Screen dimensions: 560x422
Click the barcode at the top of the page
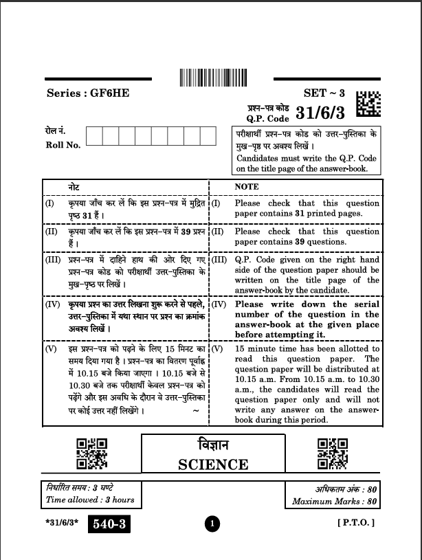pyautogui.click(x=211, y=77)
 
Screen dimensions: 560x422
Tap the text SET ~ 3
pyautogui.click(x=324, y=92)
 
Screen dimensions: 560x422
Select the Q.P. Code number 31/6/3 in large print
pyautogui.click(x=322, y=112)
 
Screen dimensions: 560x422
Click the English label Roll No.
pyautogui.click(x=63, y=145)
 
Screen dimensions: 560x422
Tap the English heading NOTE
pyautogui.click(x=246, y=186)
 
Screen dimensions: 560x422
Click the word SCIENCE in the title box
pyautogui.click(x=213, y=464)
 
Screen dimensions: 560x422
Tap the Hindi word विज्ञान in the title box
pyautogui.click(x=213, y=445)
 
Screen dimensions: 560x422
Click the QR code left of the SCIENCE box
pyautogui.click(x=91, y=454)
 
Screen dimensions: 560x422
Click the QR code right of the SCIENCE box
pyautogui.click(x=331, y=454)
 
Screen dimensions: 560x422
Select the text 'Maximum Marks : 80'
pyautogui.click(x=335, y=502)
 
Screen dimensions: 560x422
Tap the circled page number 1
pyautogui.click(x=213, y=526)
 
